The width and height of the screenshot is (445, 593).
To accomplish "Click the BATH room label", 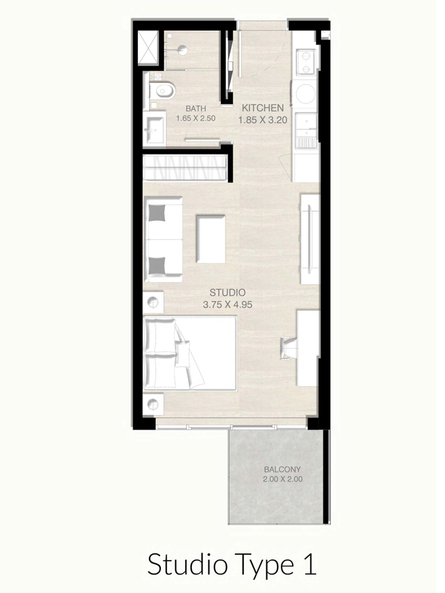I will [x=195, y=109].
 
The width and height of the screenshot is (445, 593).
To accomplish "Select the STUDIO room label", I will [x=227, y=292].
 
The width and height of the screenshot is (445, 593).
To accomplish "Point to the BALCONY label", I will [x=282, y=470].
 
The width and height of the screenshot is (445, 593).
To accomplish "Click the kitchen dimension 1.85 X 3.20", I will [x=262, y=120].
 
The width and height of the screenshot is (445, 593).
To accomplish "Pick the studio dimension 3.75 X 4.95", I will [x=227, y=304].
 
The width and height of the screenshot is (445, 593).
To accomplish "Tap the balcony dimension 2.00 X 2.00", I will [x=282, y=480].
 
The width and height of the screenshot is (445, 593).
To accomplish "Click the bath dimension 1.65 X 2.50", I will [x=196, y=119].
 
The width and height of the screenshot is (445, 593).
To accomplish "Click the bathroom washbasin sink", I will [x=156, y=128].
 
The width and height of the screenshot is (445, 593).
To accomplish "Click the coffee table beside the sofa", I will [x=211, y=239].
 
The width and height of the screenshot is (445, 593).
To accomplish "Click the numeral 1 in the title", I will [x=309, y=565].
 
